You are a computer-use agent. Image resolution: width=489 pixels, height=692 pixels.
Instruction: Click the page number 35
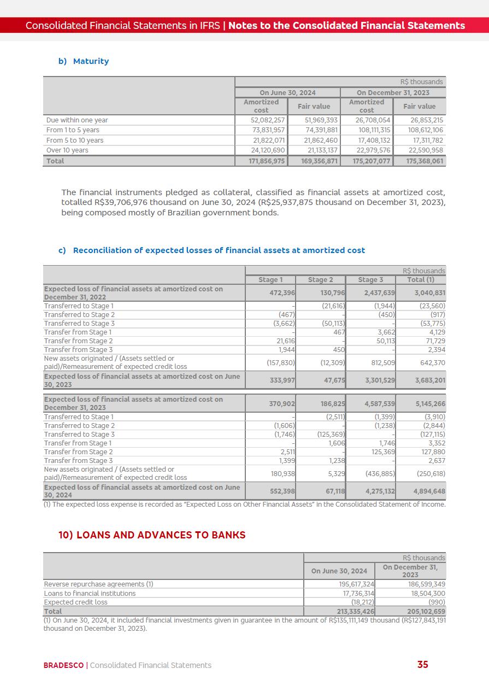[422, 665]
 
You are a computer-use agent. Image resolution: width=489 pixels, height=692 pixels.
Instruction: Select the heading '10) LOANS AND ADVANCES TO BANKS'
[152, 535]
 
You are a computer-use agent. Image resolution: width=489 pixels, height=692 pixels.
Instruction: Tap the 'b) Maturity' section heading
[84, 61]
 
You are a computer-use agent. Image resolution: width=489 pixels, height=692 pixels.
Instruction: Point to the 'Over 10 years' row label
[67, 150]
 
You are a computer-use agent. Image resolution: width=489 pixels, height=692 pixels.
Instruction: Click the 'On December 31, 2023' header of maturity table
[393, 93]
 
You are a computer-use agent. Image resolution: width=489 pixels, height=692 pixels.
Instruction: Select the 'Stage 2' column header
[320, 280]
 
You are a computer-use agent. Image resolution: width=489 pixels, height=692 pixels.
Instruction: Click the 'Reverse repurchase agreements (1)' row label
[98, 584]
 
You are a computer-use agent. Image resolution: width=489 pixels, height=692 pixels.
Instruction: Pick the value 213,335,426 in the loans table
[355, 611]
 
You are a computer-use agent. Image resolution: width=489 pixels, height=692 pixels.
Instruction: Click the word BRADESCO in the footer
[63, 665]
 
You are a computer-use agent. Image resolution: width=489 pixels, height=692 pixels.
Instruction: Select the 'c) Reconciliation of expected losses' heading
[211, 250]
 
